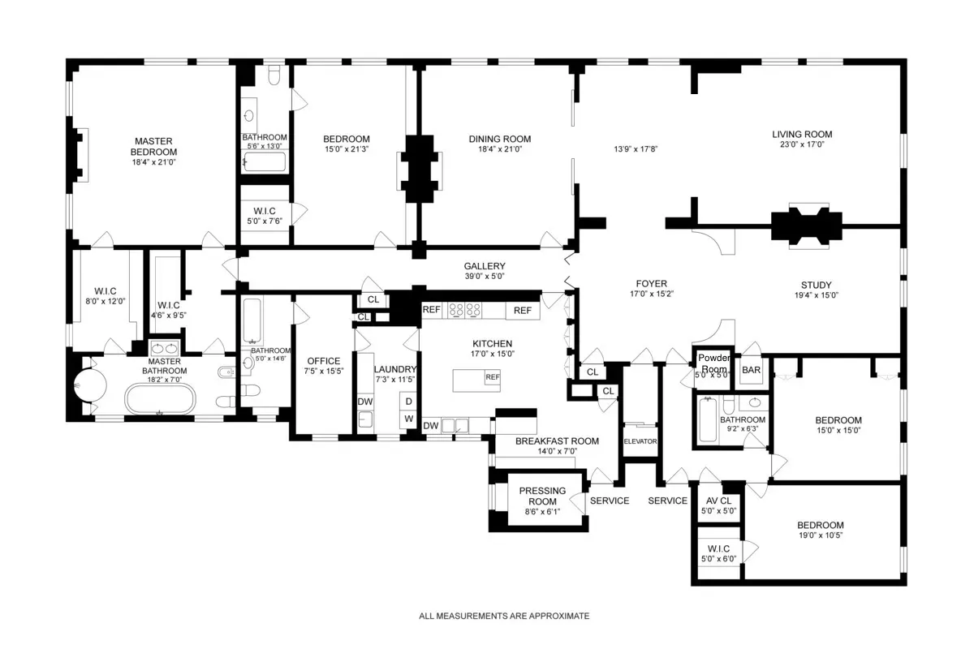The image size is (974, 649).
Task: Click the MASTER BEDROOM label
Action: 154,147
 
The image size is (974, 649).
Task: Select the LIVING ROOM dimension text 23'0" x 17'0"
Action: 801,146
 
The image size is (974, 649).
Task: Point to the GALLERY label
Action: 485,266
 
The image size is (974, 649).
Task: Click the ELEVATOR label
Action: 640,441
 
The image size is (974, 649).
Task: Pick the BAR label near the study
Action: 752,370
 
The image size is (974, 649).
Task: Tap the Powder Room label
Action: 713,363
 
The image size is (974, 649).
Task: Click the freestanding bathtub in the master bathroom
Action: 160,400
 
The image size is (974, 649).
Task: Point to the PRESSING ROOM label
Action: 537,496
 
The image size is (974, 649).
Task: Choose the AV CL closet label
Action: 718,501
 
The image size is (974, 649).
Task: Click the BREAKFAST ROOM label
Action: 557,441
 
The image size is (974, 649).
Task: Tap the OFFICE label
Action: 323,361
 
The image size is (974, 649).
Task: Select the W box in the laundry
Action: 409,419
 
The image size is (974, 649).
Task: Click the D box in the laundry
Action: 409,402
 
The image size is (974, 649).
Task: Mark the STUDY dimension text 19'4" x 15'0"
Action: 816,296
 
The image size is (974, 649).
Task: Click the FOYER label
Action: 652,284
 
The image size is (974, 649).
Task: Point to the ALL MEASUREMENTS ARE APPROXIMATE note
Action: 504,617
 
